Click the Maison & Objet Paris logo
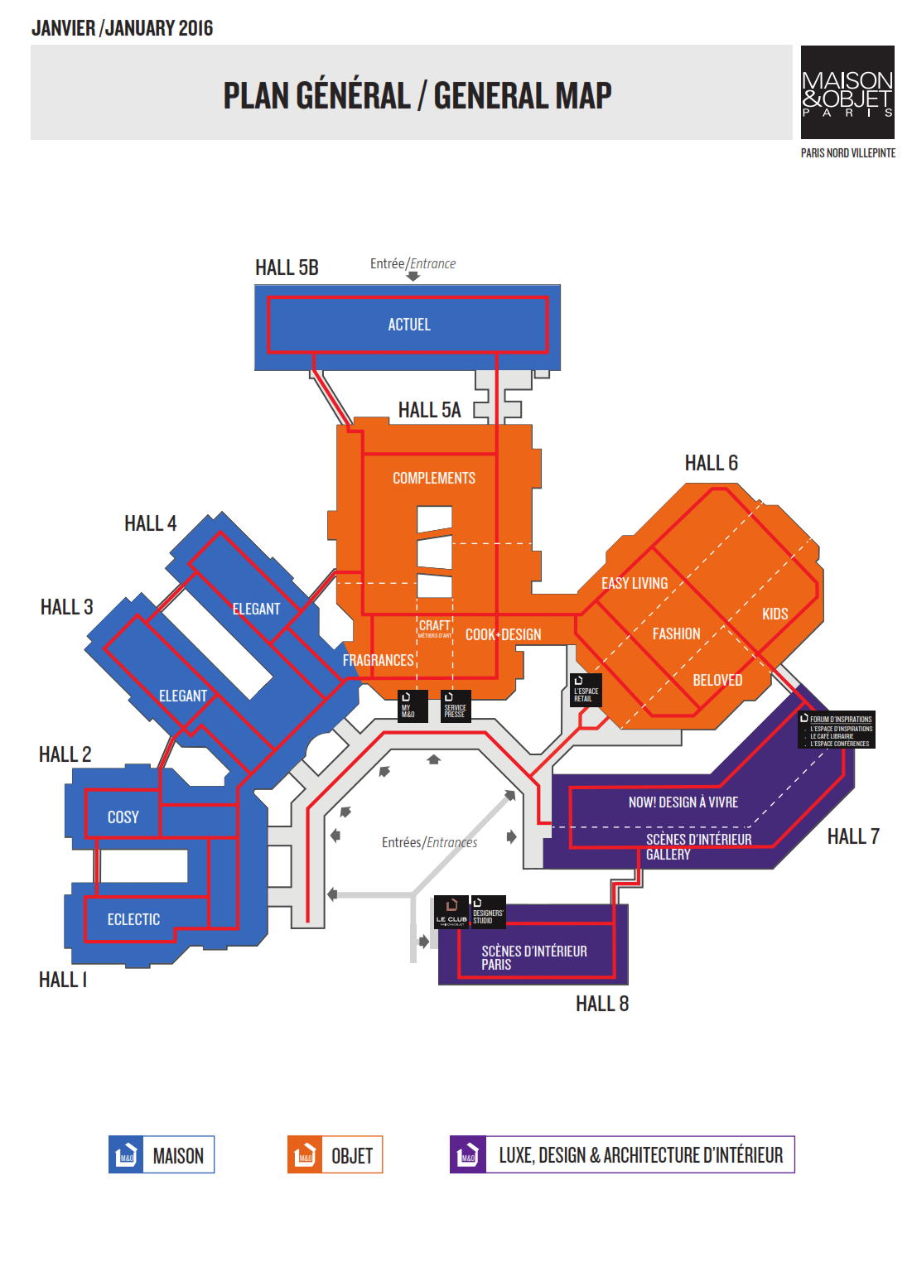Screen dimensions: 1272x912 click(847, 92)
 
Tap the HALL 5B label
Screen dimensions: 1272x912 click(287, 267)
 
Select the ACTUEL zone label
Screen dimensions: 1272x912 click(409, 325)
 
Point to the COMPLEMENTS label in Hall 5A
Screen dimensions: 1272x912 click(434, 479)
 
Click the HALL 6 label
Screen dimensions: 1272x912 click(711, 463)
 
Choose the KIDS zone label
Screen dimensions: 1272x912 click(774, 614)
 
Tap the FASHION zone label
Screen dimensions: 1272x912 click(676, 634)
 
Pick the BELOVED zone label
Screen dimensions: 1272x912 click(717, 681)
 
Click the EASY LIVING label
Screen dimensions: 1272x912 click(635, 584)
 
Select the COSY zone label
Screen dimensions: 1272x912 click(123, 817)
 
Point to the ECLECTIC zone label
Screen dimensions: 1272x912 click(133, 920)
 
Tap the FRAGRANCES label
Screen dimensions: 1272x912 click(378, 660)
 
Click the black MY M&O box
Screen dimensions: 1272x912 click(412, 706)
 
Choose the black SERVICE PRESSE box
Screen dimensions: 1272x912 click(456, 706)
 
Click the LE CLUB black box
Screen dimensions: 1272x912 click(452, 912)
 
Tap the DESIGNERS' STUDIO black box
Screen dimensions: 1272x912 click(488, 912)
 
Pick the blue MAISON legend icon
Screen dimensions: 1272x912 click(126, 1154)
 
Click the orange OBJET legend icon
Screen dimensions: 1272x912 click(305, 1154)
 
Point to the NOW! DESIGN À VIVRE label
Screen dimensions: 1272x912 click(683, 802)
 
